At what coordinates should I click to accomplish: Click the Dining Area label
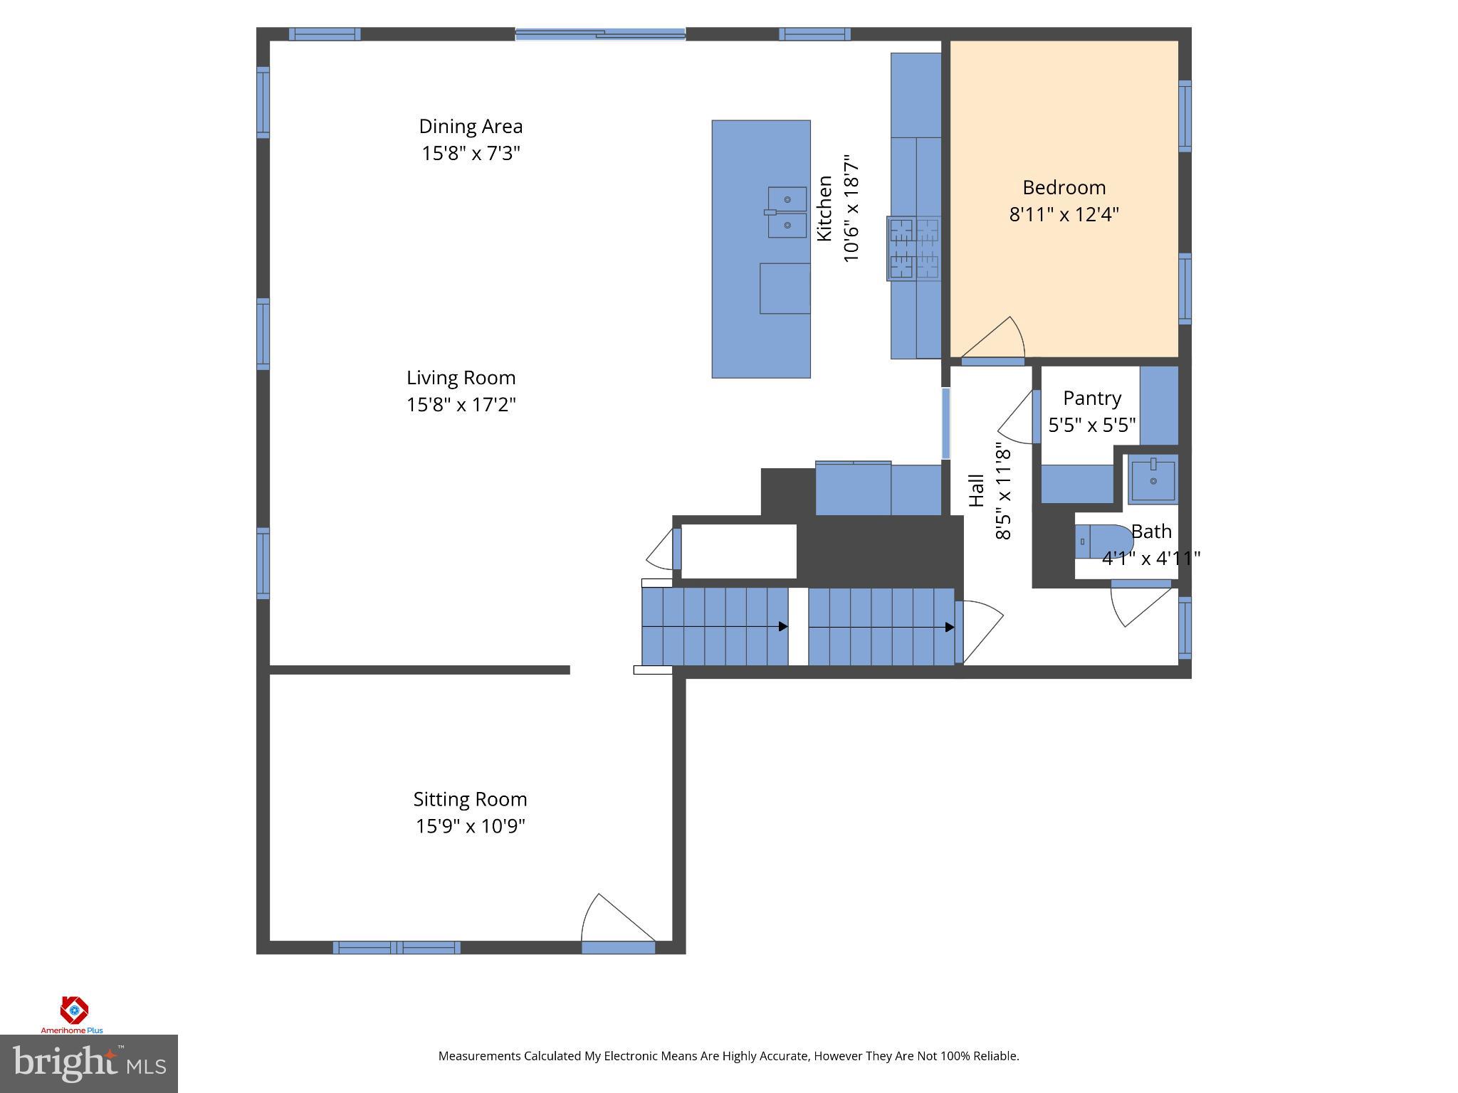coord(471,127)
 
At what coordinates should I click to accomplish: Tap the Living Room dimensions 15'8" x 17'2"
coord(461,405)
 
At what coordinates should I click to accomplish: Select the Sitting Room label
coord(470,799)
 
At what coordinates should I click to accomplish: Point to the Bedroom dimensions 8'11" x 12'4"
coord(1064,214)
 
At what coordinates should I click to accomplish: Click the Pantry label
coord(1091,398)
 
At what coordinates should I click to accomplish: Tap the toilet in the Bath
coord(1103,542)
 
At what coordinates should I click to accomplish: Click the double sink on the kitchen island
coord(787,212)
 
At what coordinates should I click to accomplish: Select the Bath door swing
coord(1139,605)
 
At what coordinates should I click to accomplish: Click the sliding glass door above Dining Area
coord(600,33)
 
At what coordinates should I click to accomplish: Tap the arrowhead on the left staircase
coord(783,627)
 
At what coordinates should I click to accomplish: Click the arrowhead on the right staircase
coord(950,627)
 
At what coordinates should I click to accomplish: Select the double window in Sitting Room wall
coord(397,947)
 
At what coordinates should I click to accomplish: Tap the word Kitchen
coord(824,208)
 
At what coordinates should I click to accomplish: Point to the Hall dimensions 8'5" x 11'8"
coord(1002,491)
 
